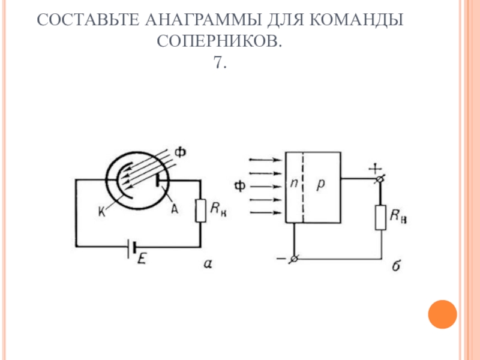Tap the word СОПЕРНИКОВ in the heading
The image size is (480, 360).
(219, 41)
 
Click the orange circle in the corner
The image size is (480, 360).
(443, 314)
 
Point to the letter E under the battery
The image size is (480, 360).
(143, 259)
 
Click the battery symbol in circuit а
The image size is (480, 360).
(133, 246)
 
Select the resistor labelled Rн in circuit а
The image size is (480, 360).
(200, 209)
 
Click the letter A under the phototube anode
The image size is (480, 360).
(175, 208)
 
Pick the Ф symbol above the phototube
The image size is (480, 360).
(179, 153)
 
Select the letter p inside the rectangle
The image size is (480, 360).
(320, 185)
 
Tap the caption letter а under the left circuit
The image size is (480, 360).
(208, 262)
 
